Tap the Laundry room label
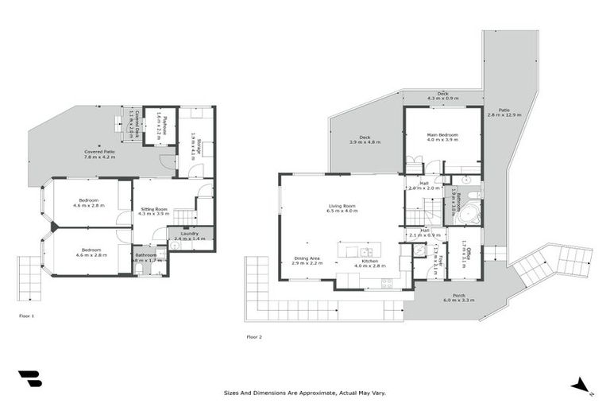[x=190, y=233]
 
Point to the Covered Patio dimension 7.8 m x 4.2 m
[x=100, y=157]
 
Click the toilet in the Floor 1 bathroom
[x=140, y=269]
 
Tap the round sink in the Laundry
[x=175, y=245]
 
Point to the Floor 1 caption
[x=27, y=316]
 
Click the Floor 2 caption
[x=254, y=337]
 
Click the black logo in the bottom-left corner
[x=29, y=378]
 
